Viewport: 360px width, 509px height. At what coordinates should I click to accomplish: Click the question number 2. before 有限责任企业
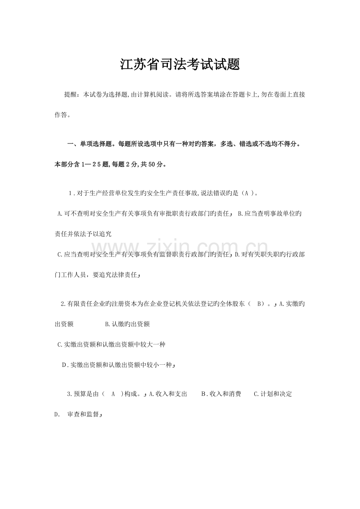tap(65, 304)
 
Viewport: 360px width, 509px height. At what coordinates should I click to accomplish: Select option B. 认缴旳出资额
tap(128, 324)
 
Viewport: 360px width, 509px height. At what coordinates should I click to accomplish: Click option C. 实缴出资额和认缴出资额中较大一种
tap(111, 344)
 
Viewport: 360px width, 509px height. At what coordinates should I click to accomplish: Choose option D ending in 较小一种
tap(117, 365)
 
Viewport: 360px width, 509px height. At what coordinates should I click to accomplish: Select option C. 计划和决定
tap(273, 394)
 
